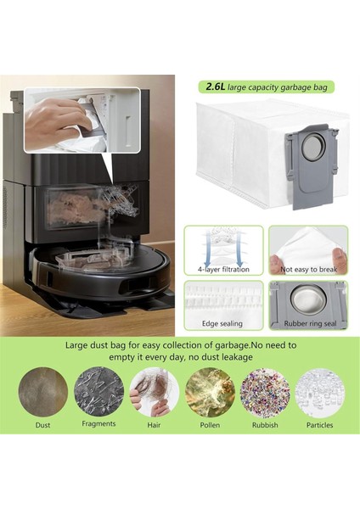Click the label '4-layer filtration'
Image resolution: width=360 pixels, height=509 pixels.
tap(224, 270)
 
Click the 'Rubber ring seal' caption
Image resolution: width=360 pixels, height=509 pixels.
tap(308, 324)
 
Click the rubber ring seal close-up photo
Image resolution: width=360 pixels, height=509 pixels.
tap(308, 299)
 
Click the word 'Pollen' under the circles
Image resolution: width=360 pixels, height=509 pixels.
tap(210, 425)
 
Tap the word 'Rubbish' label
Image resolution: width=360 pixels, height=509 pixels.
tap(265, 425)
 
